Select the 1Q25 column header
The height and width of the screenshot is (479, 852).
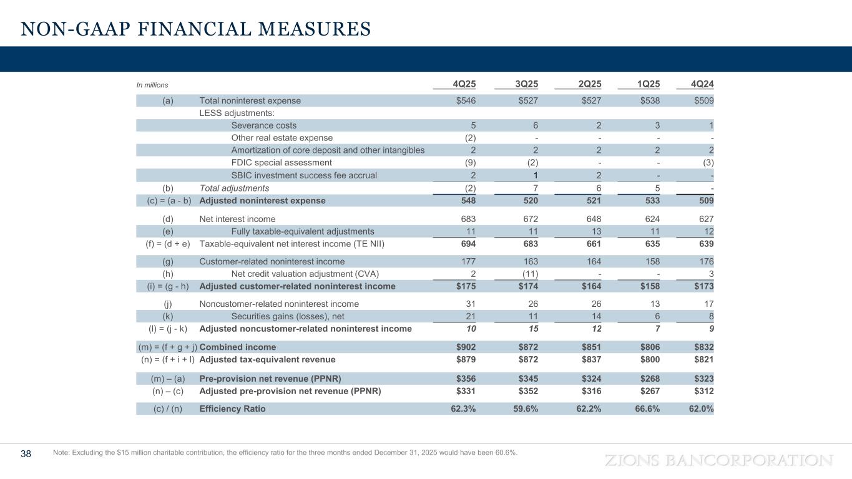pos(647,84)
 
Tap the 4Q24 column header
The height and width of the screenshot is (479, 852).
pos(701,84)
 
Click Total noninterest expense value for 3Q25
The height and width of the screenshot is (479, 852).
pos(526,100)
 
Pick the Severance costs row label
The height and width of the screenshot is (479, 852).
pos(263,125)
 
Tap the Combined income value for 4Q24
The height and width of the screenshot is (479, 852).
pos(702,347)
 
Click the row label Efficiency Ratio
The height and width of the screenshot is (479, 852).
pos(232,409)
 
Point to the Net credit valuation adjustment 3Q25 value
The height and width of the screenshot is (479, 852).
pos(528,274)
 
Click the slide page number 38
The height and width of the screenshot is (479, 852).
pos(26,453)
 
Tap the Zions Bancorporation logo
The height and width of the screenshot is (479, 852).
pos(718,460)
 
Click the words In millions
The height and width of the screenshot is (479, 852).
pos(152,85)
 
